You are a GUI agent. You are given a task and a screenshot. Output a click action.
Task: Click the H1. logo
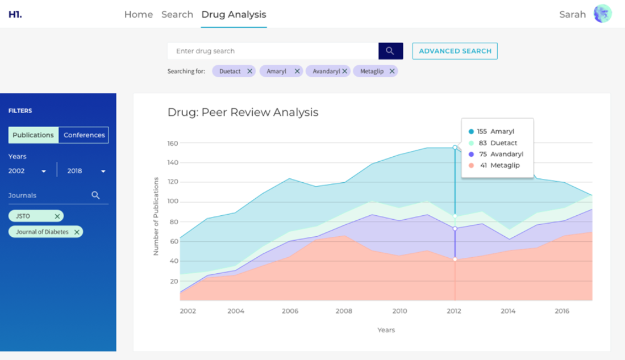pos(15,15)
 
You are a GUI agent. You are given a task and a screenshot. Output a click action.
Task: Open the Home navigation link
pos(138,15)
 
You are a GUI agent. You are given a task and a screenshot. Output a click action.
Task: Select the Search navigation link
pos(177,15)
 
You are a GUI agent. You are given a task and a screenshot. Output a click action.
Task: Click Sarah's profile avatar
pos(602,14)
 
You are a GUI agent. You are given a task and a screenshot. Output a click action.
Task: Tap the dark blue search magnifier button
pos(390,51)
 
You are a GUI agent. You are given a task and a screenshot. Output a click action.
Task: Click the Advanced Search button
pos(455,51)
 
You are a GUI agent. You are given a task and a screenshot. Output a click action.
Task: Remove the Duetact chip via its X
pos(249,72)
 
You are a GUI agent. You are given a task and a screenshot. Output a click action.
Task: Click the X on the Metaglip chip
pos(391,72)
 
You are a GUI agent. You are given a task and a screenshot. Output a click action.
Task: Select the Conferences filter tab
pos(84,135)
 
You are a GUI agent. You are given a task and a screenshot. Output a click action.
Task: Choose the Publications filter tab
pos(33,135)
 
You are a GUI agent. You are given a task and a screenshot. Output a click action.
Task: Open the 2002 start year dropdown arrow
pos(44,171)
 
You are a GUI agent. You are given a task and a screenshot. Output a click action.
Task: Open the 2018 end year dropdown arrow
pos(103,171)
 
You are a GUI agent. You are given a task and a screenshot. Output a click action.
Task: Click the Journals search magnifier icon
pos(95,195)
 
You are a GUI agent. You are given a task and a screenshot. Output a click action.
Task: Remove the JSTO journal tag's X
pos(57,216)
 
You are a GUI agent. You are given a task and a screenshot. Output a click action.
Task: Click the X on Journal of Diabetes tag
pos(77,232)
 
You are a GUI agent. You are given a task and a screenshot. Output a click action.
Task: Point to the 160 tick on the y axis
pos(173,143)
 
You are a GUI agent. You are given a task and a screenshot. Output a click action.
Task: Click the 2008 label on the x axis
pos(344,311)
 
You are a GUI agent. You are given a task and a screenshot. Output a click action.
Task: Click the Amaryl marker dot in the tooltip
pos(471,132)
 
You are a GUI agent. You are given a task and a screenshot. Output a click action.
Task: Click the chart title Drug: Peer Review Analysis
pos(243,112)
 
